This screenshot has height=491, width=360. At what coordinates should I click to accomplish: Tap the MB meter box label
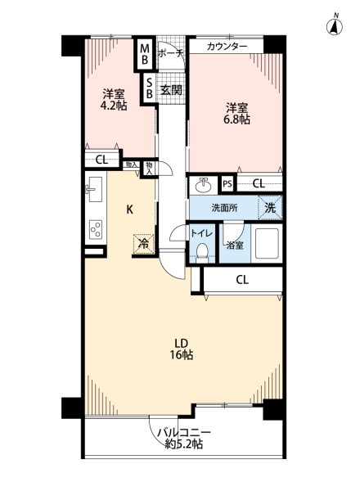tap(144, 54)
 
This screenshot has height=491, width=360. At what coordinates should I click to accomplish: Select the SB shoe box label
tap(149, 88)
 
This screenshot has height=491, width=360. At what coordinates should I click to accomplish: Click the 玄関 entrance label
tap(171, 89)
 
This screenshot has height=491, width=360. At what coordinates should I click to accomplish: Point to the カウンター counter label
tap(227, 47)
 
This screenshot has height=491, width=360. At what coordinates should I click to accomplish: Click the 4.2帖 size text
tap(113, 106)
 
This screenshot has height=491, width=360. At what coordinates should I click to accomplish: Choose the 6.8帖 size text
tap(238, 119)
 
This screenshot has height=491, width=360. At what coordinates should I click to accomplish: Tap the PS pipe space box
tap(227, 184)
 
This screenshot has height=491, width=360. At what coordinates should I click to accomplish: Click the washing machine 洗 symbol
tap(270, 208)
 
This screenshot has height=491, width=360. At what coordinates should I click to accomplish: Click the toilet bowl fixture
tap(202, 251)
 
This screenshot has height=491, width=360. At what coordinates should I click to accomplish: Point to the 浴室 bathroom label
tap(235, 245)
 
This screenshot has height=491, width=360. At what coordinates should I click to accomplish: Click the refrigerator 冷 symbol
tap(143, 243)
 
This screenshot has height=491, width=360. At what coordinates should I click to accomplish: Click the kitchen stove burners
tap(94, 229)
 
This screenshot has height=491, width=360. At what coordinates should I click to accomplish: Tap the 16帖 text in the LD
tap(181, 355)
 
